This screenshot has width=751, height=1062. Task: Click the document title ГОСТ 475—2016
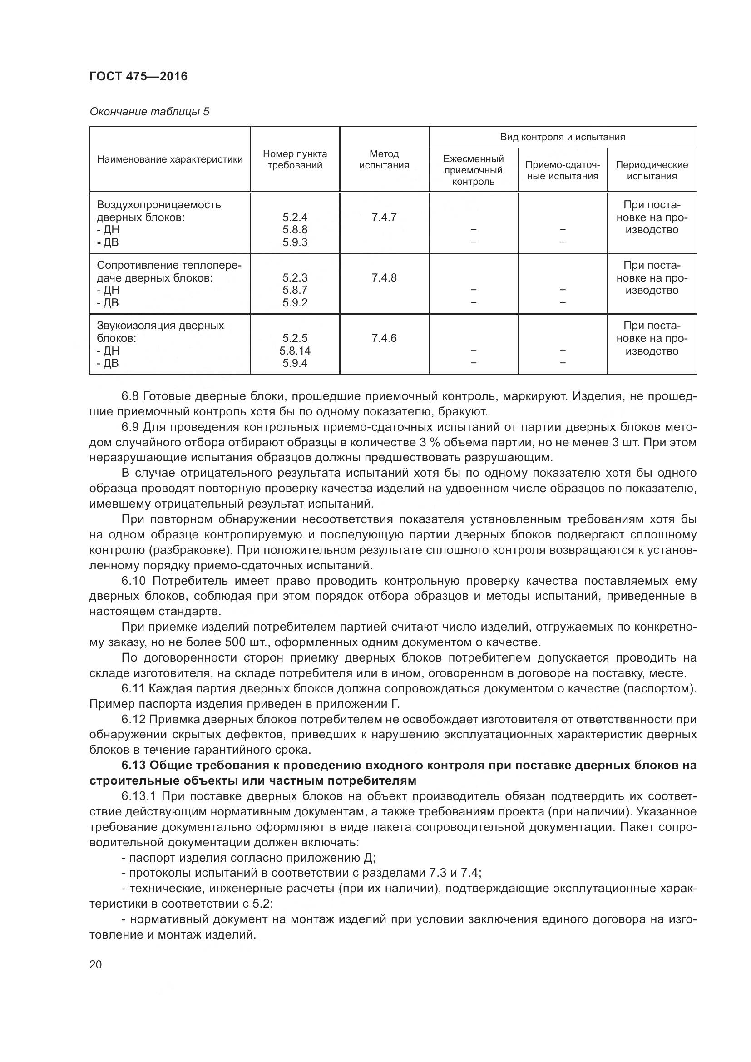[x=139, y=76]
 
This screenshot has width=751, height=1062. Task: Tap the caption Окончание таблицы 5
[x=149, y=112]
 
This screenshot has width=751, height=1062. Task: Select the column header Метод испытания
[x=384, y=159]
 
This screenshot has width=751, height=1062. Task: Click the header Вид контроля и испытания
[x=562, y=137]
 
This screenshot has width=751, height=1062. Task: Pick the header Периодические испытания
[x=652, y=170]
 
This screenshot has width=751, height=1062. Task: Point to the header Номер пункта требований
[x=295, y=159]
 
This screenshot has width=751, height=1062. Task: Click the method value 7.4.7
[x=384, y=217]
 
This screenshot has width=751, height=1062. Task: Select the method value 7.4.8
[x=384, y=277]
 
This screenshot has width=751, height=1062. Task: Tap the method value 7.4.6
[x=384, y=338]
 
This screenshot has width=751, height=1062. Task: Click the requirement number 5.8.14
[x=295, y=351]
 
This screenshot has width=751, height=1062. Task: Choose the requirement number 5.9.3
[x=295, y=242]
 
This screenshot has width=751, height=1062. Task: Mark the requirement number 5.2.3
[x=295, y=277]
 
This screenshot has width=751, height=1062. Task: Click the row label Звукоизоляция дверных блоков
[x=160, y=331]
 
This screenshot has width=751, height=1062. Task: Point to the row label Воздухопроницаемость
[x=158, y=204]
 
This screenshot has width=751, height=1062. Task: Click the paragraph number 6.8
[x=130, y=396]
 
